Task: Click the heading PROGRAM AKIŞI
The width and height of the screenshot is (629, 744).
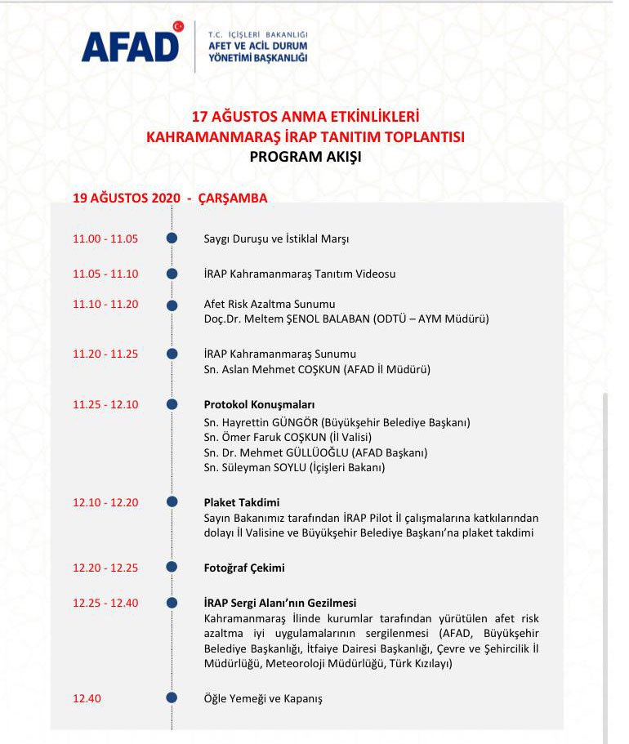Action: coord(305,157)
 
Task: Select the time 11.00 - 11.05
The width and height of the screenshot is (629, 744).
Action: coord(105,238)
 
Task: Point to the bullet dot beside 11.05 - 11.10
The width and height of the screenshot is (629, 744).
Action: coord(172,274)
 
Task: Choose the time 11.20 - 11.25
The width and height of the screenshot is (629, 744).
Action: coord(105,354)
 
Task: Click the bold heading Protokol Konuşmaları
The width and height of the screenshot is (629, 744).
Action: coord(259,404)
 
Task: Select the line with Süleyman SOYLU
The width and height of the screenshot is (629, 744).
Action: coord(294,467)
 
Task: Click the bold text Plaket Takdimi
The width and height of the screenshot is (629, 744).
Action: coord(242,502)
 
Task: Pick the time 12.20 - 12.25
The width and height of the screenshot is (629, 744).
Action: coord(105,568)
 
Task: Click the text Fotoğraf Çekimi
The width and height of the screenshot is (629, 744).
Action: coord(244,568)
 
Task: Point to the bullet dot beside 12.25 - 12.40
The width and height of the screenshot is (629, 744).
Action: coord(172,604)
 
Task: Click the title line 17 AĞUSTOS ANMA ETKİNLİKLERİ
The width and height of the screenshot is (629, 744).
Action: coord(305,117)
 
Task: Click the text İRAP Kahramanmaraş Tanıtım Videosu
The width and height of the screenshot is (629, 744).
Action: coord(299,274)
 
